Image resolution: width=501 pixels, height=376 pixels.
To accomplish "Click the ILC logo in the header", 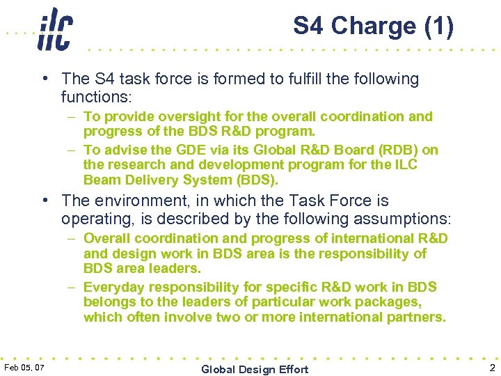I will (x=54, y=29).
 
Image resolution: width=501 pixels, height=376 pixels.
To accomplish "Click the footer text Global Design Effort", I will (x=254, y=369).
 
